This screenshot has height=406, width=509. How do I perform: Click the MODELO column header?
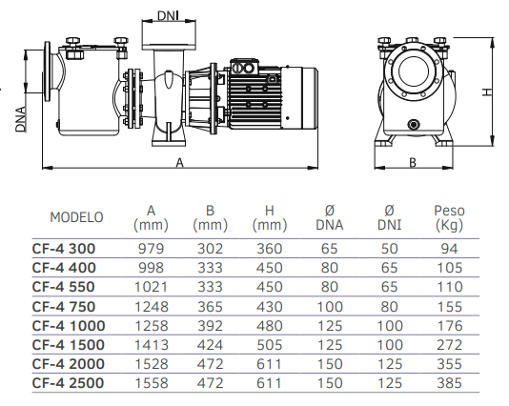click(x=76, y=217)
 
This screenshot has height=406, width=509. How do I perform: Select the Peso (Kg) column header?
click(x=449, y=217)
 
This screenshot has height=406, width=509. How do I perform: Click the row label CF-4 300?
click(x=64, y=249)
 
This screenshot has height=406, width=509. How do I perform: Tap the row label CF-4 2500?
click(x=69, y=383)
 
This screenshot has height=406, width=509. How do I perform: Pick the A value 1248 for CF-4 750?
click(x=152, y=307)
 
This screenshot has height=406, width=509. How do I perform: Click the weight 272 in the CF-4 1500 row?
click(x=449, y=345)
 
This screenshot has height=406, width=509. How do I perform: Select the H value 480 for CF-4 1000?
click(x=270, y=326)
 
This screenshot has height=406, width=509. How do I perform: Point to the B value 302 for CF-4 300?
click(x=210, y=249)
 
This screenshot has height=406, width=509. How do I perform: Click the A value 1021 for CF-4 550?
click(x=152, y=287)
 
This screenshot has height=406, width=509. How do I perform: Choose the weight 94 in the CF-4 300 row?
click(x=449, y=249)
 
